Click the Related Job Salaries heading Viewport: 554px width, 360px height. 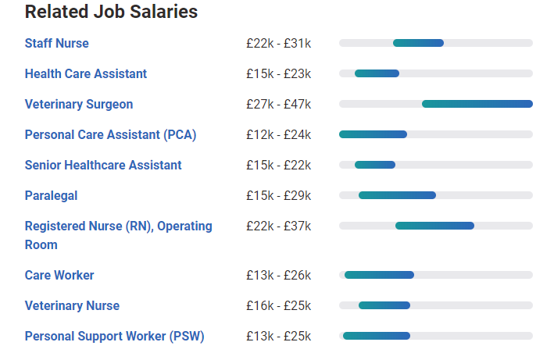[111, 12]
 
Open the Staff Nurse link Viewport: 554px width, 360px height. [57, 43]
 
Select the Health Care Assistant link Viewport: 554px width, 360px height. [86, 73]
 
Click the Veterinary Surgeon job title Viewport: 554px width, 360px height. [79, 104]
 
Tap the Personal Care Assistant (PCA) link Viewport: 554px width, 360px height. [110, 134]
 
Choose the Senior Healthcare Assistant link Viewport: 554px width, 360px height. [103, 165]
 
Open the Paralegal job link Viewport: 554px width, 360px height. [52, 195]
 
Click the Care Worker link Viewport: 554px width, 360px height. [59, 275]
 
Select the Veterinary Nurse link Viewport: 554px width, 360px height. [72, 305]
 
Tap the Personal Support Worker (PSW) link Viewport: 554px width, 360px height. [114, 336]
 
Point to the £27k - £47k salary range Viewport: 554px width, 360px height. [278, 104]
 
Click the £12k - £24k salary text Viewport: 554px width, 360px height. [278, 134]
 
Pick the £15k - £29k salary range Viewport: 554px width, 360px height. [278, 195]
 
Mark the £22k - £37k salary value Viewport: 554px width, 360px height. [278, 226]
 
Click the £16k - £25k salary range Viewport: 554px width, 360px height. [278, 305]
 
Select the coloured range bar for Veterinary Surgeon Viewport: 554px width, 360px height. [477, 104]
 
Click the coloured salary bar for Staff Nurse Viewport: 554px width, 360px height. [418, 43]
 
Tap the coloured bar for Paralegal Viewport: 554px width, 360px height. [397, 195]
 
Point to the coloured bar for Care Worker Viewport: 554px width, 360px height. [379, 275]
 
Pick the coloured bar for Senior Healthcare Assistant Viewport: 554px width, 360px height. [375, 165]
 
